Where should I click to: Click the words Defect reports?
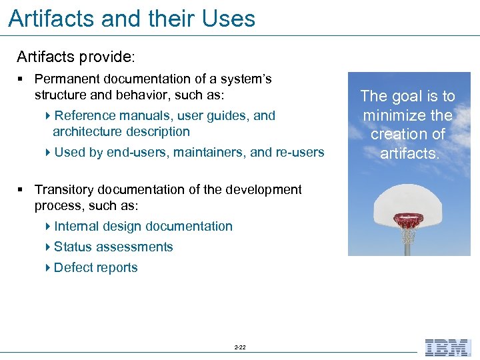click(95, 268)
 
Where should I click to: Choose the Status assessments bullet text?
click(113, 247)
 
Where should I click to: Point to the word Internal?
click(78, 227)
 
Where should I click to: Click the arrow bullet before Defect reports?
click(49, 268)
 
